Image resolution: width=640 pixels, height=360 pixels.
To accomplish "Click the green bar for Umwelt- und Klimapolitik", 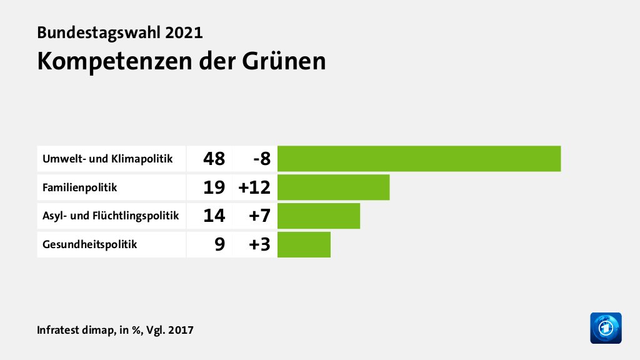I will [419, 158].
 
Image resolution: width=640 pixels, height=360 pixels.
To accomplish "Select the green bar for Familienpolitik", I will [333, 187].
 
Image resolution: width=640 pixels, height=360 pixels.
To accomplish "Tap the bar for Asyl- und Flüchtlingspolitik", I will [319, 216].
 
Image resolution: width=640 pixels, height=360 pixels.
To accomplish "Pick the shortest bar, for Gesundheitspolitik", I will [304, 244].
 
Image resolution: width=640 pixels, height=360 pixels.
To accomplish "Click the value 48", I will [214, 159].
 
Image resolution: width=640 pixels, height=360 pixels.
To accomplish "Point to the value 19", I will [214, 187].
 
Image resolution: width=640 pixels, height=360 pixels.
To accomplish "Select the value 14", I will [214, 216].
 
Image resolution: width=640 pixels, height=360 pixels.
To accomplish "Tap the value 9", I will [219, 245].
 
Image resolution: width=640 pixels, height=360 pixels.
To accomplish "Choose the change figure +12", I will [254, 187].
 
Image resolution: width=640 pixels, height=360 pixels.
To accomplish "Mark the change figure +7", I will [258, 216].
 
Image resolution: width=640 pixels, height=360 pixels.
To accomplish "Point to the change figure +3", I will [258, 245].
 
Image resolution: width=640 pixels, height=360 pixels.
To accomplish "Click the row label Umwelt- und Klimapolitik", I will [107, 159].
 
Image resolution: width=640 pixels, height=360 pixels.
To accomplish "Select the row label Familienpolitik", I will [79, 187].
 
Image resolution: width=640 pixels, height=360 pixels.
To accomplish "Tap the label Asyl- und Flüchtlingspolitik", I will [111, 216].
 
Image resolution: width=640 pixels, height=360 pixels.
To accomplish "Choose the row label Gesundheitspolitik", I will [89, 245].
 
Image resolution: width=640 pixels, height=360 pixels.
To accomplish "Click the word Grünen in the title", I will [285, 61].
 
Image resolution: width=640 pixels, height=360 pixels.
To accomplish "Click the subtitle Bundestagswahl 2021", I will [119, 32].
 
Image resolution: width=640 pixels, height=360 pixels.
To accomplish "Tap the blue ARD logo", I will [606, 327].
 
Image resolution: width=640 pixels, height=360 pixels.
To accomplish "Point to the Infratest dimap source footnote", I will [115, 329].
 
